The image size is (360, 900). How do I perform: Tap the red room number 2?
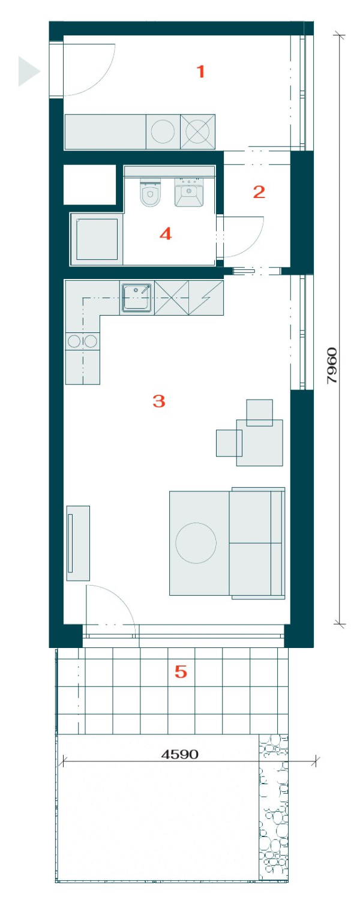click(259, 192)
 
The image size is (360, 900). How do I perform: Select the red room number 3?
click(159, 401)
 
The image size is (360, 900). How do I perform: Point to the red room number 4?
click(166, 233)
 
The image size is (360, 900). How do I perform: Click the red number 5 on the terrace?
click(181, 671)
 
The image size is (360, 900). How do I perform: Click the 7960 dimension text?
click(332, 365)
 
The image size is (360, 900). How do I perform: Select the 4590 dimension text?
click(180, 754)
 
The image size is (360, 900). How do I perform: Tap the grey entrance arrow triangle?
click(29, 71)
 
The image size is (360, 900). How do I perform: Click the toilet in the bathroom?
click(150, 192)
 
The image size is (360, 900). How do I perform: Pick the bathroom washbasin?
click(189, 192)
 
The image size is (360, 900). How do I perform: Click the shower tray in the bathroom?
click(97, 239)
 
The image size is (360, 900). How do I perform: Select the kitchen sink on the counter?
click(137, 298)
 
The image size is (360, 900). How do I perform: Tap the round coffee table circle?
click(196, 543)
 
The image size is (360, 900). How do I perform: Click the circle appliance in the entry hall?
click(163, 131)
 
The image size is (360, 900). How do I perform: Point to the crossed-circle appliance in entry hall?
click(197, 131)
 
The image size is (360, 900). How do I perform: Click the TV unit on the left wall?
click(78, 543)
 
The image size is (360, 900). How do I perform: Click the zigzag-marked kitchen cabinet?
click(206, 298)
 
